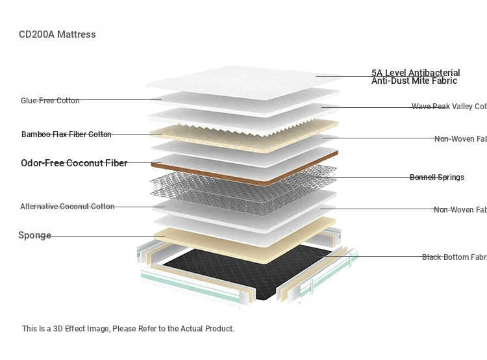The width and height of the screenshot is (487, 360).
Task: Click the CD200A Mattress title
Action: point(57,34)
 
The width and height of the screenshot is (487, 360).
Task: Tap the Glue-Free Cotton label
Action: point(50,101)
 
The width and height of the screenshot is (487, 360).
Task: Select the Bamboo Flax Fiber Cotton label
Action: point(66,135)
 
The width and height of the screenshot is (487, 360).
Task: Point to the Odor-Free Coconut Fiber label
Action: point(74,163)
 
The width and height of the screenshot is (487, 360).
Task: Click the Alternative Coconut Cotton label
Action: point(67,207)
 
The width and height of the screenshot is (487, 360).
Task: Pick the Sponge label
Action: point(34,235)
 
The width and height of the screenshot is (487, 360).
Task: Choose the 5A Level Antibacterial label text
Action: point(416,73)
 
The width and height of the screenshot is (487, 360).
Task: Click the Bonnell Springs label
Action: point(436,177)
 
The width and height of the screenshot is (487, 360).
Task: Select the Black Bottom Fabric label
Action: point(454,257)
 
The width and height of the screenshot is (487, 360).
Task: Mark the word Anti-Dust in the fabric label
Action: point(392,81)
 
